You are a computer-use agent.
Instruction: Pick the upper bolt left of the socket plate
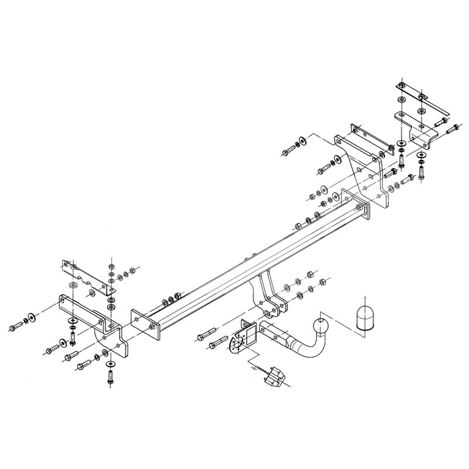click(205, 335)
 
